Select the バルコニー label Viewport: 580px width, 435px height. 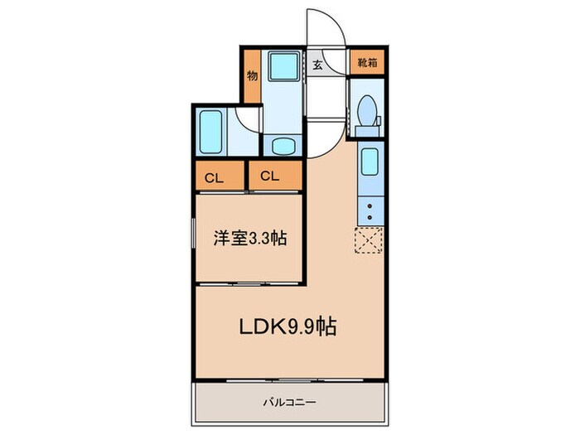(x=289, y=403)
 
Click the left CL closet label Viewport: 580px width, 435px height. (x=214, y=176)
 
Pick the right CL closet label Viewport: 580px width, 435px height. (x=268, y=176)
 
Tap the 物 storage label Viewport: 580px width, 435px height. (x=251, y=75)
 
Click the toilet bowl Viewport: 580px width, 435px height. (x=365, y=109)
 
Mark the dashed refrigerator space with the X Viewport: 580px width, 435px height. (x=369, y=239)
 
